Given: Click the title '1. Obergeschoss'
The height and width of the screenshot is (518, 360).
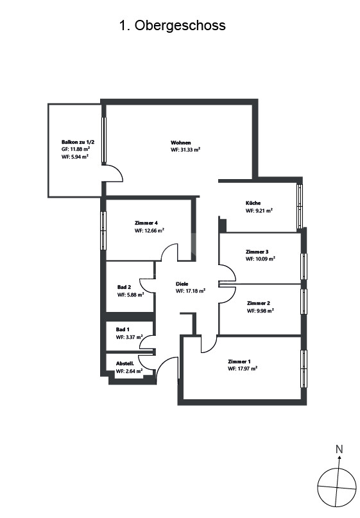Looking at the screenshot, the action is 172,26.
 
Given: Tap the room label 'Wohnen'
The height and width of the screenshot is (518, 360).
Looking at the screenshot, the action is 181,142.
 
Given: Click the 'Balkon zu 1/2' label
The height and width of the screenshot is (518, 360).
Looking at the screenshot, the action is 78,142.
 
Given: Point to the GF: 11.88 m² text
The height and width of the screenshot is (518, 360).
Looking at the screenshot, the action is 76,149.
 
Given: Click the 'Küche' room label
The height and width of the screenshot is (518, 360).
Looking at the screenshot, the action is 253,203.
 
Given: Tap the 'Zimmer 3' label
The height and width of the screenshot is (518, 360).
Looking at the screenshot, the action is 257,252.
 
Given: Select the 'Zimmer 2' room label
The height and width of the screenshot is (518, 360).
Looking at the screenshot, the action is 259,303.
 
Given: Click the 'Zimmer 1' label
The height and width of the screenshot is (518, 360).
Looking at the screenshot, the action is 239,361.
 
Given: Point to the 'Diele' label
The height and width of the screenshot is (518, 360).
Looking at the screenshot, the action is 182,284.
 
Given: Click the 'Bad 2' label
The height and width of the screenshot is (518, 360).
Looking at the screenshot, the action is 124,287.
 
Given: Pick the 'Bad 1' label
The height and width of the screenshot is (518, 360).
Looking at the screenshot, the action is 123,329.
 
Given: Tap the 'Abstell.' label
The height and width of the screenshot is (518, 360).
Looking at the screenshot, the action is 125,363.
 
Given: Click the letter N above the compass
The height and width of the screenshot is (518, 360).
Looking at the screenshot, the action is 339,449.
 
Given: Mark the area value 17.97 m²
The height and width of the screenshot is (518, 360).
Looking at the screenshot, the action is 247,368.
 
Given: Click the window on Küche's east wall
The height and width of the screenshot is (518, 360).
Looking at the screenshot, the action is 300,206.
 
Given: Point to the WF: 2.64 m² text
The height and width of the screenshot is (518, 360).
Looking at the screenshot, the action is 129,371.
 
